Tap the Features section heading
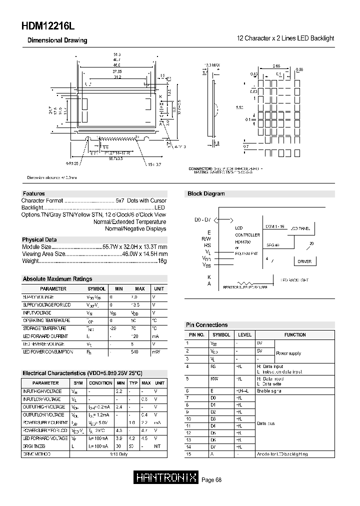tap(34, 193)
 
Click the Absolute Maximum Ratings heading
tap(57, 279)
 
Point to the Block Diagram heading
tap(206, 193)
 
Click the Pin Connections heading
tap(207, 325)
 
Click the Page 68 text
tap(211, 480)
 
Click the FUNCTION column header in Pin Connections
tap(295, 334)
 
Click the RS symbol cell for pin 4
tap(213, 366)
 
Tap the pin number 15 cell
tap(187, 454)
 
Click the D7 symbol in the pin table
tap(214, 446)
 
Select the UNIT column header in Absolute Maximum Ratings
tap(158, 289)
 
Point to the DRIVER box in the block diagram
tap(304, 261)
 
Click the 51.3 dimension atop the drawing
tap(117, 53)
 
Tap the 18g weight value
tap(162, 261)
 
